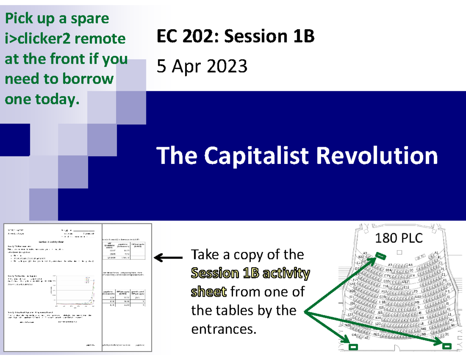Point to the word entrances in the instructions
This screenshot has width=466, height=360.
pyautogui.click(x=224, y=329)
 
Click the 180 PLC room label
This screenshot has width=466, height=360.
pyautogui.click(x=398, y=238)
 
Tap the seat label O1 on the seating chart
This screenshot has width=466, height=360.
pyautogui.click(x=446, y=334)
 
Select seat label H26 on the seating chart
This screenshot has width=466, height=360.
pyautogui.click(x=352, y=291)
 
